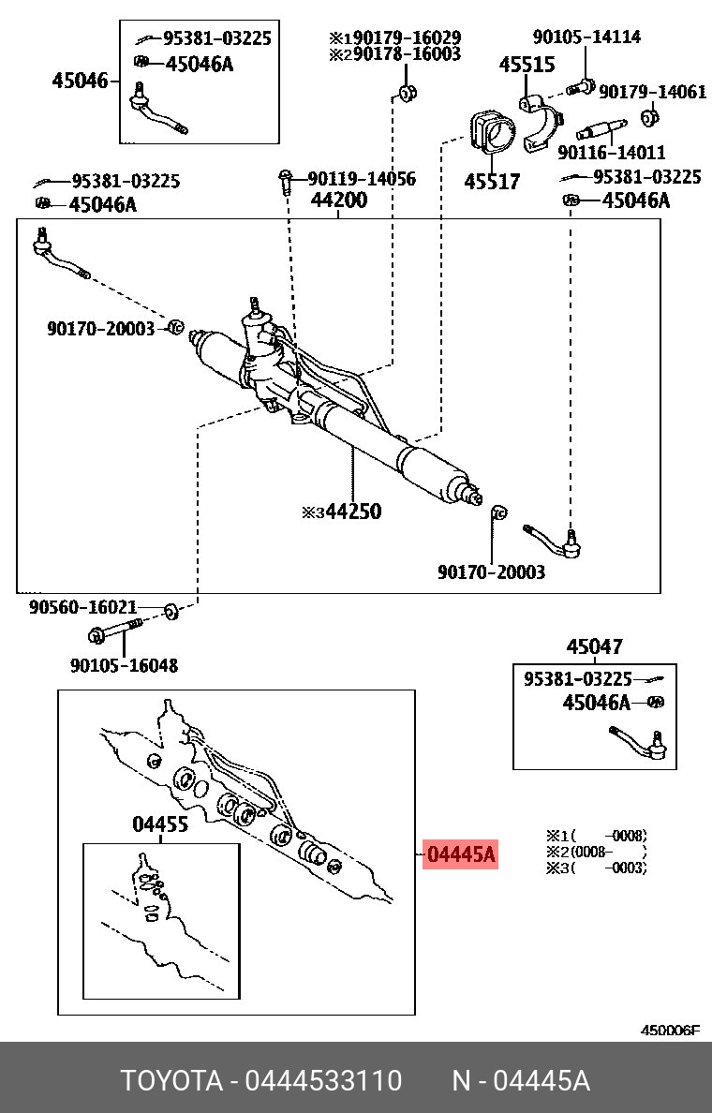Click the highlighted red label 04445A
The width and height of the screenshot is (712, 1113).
tap(460, 854)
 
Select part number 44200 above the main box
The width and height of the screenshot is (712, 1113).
tap(339, 200)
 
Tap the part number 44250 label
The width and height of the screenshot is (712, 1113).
tap(349, 512)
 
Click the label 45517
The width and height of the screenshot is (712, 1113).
tap(492, 181)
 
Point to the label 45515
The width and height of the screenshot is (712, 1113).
tap(527, 66)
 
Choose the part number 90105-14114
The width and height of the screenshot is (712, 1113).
tap(586, 37)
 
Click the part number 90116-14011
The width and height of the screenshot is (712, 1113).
tap(611, 153)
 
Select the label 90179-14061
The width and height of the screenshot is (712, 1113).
tap(653, 92)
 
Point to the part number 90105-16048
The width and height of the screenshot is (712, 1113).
tap(124, 665)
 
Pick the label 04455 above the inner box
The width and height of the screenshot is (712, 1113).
tap(159, 824)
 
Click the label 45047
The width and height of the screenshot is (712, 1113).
tap(594, 646)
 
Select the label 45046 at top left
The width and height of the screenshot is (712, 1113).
tap(80, 82)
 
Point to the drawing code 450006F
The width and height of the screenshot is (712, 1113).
tap(669, 1031)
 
